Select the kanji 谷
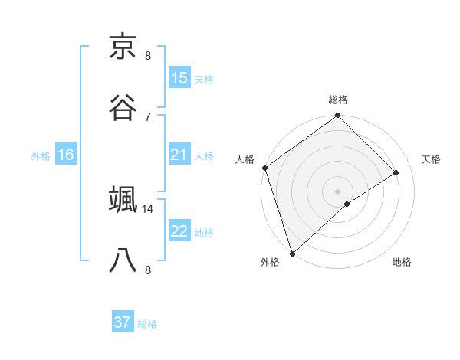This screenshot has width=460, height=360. (123, 107)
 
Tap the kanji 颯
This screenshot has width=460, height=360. (123, 200)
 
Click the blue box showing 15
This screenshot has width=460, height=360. (179, 78)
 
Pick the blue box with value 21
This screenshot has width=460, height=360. (179, 155)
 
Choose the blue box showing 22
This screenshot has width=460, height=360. (179, 231)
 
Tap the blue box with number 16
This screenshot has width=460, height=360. (66, 155)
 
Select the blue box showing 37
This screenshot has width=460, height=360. (123, 322)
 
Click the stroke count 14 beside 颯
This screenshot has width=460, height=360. (148, 208)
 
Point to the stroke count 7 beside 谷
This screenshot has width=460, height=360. (148, 116)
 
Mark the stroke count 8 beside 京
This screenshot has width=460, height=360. (148, 56)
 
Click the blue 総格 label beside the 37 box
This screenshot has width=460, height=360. (147, 324)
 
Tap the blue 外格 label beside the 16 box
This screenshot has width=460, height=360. (41, 156)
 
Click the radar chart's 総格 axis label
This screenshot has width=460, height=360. (338, 100)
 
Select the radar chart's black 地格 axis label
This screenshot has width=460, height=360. (402, 262)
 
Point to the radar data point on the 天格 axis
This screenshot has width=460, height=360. (396, 172)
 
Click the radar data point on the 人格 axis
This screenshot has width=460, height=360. (264, 168)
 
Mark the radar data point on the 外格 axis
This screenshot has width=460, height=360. (292, 253)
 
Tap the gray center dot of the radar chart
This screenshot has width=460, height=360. (338, 191)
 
